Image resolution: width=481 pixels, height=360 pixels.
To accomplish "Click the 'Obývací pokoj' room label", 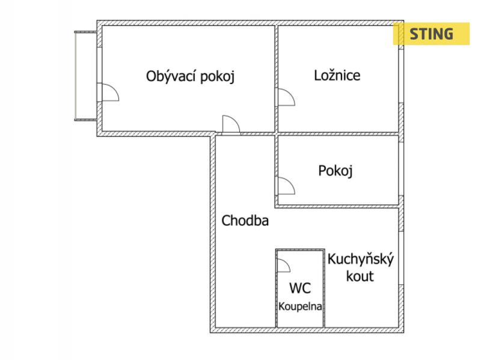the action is coord(190,76).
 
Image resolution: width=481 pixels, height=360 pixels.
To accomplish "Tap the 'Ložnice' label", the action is coord(337,76).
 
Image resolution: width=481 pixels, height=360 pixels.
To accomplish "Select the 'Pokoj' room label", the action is coord(335,171).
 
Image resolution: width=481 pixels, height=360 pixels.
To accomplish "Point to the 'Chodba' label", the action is coord(245,221).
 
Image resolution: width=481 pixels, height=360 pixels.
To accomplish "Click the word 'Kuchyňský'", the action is coord(360,260).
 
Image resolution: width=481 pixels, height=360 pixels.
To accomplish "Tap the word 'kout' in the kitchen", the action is coord(360,276).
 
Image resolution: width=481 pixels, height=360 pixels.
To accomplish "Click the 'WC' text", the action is coord(300,288).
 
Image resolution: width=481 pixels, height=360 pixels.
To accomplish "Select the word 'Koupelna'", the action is coord(300,307).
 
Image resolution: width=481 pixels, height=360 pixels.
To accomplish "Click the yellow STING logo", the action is coord(431,34).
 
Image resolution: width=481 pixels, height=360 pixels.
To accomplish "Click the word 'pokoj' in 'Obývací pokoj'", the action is coord(217,77).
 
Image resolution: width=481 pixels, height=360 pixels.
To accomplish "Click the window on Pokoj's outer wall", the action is coord(401,169).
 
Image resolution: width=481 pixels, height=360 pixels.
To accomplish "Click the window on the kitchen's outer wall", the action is coord(401,258).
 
